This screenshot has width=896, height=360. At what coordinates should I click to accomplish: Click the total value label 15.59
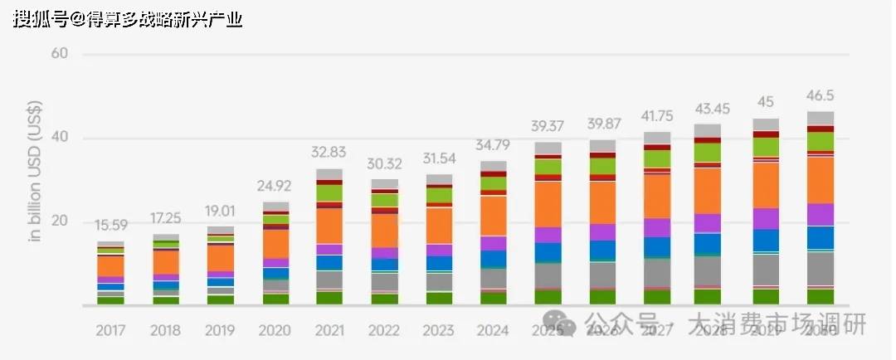[110, 224]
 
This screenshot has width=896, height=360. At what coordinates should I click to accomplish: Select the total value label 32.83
[329, 152]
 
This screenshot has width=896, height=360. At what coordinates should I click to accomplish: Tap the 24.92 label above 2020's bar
[275, 185]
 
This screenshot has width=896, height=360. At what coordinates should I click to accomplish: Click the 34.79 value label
[493, 144]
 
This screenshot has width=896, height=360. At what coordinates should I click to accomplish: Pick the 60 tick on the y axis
[58, 55]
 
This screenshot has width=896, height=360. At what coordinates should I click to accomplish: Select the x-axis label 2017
[110, 330]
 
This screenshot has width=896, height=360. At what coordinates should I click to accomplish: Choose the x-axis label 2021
[329, 330]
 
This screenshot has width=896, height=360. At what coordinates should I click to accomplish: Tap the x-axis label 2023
[439, 330]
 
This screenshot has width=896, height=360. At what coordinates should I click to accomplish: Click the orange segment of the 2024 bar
[493, 216]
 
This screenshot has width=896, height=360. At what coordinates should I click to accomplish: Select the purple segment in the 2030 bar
[821, 215]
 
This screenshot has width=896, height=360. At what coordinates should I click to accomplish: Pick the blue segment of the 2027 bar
[657, 247]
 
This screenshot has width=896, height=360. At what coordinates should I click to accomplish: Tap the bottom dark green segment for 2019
[220, 299]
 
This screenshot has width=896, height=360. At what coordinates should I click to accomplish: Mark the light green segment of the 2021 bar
[329, 192]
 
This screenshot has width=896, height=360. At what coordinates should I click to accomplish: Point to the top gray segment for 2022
[384, 183]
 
